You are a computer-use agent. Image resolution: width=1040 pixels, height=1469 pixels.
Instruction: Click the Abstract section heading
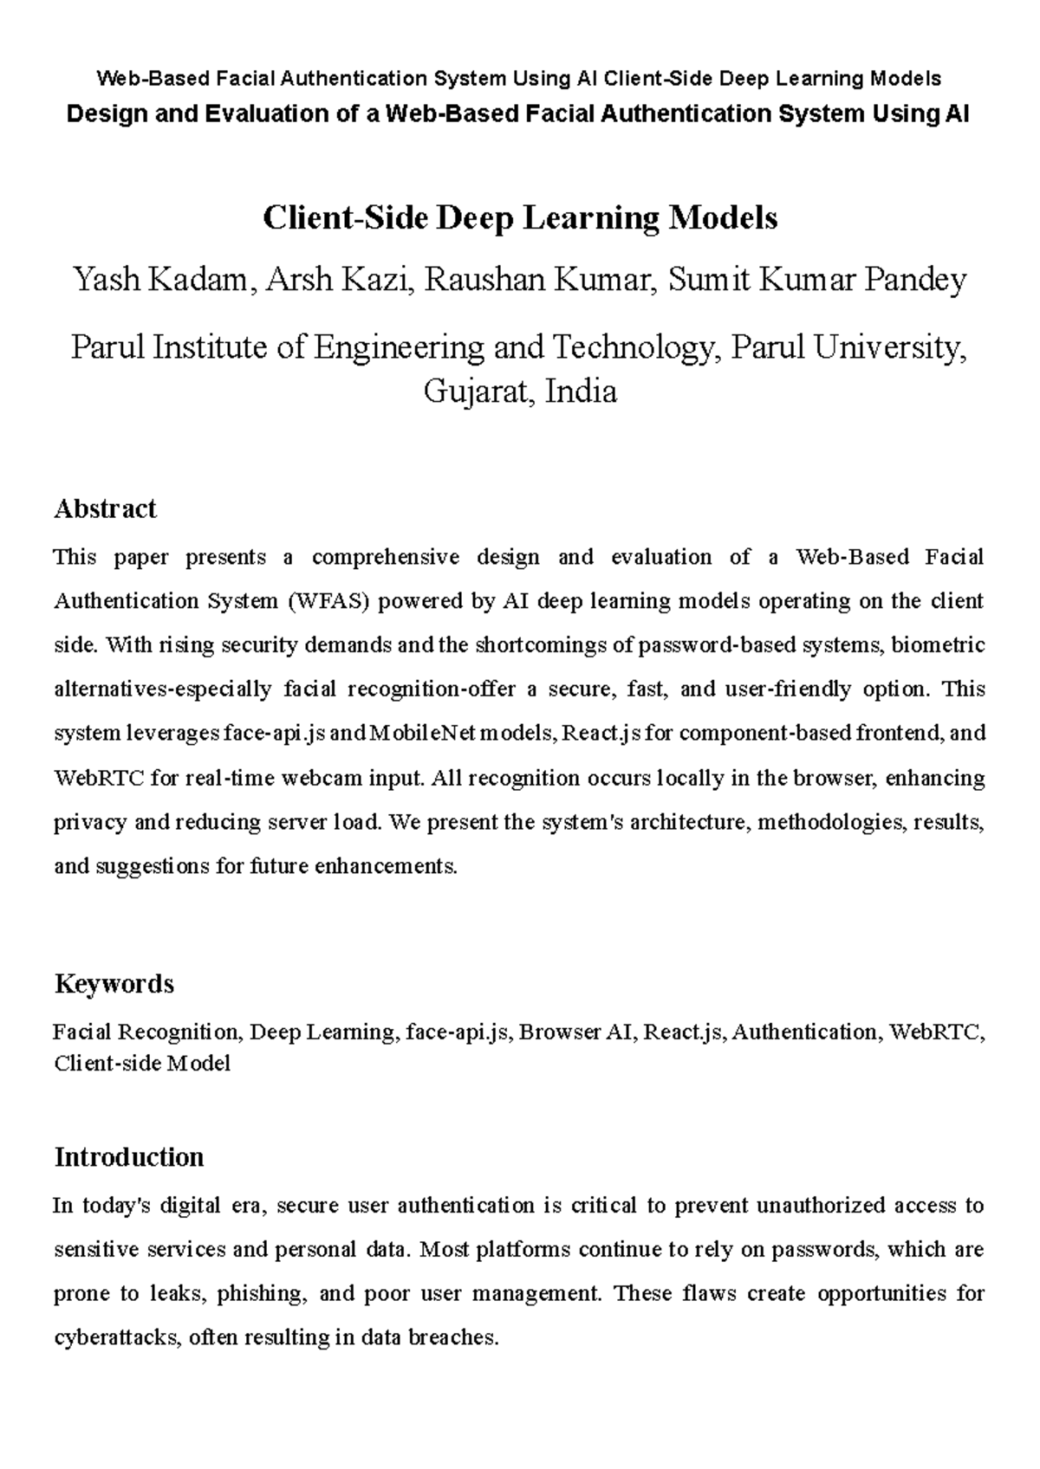point(105,508)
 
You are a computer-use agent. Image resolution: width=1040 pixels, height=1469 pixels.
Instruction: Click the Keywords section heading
point(114,984)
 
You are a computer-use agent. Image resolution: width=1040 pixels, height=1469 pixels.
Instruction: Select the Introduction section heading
point(128,1157)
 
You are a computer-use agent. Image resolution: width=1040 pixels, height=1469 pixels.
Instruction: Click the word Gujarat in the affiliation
point(468,392)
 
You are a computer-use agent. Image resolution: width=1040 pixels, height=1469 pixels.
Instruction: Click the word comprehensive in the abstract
point(385,557)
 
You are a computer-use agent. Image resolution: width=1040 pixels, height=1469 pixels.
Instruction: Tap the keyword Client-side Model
point(141,1064)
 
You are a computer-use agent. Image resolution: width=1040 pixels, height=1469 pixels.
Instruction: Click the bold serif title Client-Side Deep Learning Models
point(520,218)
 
